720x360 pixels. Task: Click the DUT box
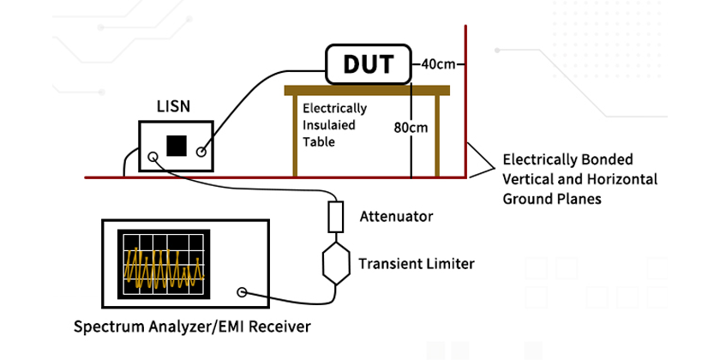[x=369, y=64]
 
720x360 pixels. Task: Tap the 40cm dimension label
[x=438, y=64]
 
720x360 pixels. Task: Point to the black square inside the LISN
[x=177, y=145]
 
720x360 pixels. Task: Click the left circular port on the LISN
[x=153, y=157]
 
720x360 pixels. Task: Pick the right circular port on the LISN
[x=202, y=153]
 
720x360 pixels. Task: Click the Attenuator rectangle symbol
[x=336, y=215]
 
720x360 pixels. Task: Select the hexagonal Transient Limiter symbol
[x=335, y=263]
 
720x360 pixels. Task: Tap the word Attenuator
[x=397, y=216]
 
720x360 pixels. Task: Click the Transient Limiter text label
[x=417, y=263]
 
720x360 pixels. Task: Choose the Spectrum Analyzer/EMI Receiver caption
[x=192, y=327]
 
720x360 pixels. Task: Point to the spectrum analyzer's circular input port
[x=243, y=293]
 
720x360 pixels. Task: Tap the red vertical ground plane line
[x=466, y=103]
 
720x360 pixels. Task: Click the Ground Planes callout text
[x=580, y=178]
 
